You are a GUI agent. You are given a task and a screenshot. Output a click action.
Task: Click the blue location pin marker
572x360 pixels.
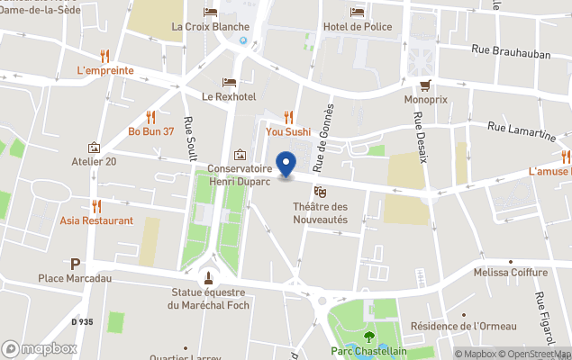point(286,164)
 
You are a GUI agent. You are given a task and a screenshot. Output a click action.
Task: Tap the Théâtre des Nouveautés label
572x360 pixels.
point(320,213)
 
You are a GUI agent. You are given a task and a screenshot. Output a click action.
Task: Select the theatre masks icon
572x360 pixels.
point(319,192)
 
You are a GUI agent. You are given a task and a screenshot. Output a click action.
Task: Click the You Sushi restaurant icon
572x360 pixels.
point(288,116)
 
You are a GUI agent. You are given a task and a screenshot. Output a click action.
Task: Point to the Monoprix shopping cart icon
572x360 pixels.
point(426,85)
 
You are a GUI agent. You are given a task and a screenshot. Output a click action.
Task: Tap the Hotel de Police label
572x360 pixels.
point(358,26)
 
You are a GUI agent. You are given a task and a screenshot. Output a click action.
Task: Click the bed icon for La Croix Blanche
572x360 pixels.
point(211,12)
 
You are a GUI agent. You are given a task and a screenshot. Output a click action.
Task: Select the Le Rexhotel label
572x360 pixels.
point(229,96)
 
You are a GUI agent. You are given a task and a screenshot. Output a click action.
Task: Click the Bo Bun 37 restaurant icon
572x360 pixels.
point(150,116)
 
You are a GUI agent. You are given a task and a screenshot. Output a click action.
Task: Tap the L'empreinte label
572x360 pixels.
point(105,70)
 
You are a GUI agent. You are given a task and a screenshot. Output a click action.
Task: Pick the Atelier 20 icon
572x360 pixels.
point(94,147)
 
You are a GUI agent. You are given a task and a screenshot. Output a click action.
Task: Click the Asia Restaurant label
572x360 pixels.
point(96,220)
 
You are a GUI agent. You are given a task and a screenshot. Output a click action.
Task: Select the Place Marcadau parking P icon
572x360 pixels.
point(76,264)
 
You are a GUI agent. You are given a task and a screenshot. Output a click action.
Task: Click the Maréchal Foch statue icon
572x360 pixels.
point(209,276)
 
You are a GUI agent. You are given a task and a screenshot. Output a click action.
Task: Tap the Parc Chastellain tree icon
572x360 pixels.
point(368,337)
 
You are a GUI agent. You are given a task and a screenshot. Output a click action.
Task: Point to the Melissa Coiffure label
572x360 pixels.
point(511,273)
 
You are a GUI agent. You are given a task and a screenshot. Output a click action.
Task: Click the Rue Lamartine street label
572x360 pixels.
point(522,132)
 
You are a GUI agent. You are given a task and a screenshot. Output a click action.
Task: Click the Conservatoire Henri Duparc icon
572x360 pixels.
point(240,155)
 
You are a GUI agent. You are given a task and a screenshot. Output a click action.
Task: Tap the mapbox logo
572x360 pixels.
point(41,348)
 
